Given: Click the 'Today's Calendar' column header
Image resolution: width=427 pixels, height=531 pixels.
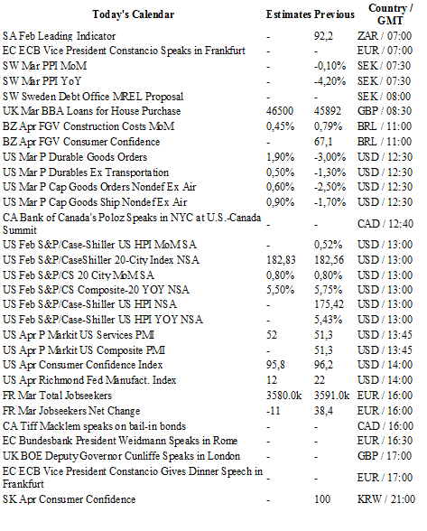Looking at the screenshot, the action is click(x=134, y=14).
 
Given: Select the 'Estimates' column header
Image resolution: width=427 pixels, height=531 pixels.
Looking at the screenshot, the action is click(x=288, y=14).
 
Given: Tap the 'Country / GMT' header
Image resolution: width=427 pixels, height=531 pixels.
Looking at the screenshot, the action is click(x=390, y=14).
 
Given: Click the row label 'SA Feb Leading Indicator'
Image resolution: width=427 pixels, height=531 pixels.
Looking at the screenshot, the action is click(x=60, y=36).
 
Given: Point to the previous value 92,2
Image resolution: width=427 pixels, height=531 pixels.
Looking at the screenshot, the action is click(x=323, y=36).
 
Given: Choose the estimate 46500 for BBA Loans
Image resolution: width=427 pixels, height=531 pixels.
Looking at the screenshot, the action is click(x=280, y=111).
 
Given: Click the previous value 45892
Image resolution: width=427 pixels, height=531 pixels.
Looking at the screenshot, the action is click(x=328, y=111).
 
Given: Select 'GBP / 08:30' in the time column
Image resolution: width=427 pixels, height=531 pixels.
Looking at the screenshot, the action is click(x=385, y=111).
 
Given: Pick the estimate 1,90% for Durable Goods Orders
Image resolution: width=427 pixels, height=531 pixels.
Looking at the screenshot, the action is click(x=280, y=157).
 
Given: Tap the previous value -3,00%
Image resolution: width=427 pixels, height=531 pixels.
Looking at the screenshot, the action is click(x=330, y=157).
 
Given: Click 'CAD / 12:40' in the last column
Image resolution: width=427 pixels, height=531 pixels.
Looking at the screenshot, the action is click(x=385, y=224).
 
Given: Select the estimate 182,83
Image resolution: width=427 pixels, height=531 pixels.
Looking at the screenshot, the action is click(x=281, y=260).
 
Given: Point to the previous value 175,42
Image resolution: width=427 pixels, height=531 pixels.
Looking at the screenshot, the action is click(x=329, y=304).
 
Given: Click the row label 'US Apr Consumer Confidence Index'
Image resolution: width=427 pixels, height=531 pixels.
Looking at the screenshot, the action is click(x=83, y=365).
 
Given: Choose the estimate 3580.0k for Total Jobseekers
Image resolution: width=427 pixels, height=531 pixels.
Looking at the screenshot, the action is click(x=283, y=396).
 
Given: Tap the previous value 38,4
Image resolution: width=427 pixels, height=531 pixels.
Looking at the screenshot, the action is click(x=323, y=411).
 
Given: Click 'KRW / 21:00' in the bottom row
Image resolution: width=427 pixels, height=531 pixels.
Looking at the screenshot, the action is click(x=386, y=499).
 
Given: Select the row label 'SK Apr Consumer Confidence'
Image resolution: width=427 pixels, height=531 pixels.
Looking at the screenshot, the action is click(x=70, y=499).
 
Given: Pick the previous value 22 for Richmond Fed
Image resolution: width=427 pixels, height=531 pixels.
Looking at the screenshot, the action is click(x=320, y=380).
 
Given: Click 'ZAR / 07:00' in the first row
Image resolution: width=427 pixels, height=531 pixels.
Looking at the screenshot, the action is click(x=385, y=36).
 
